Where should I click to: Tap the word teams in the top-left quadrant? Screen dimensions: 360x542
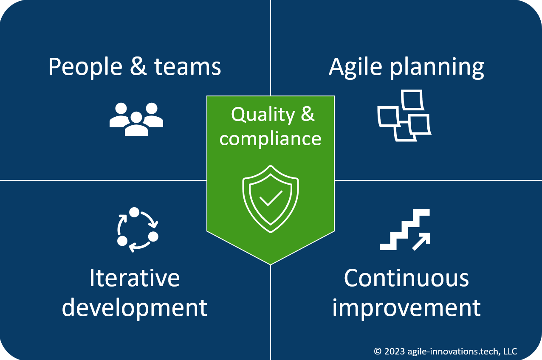coord(187,67)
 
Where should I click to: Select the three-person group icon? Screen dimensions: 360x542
coord(136,119)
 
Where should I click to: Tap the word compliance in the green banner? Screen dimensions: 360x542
coord(270,138)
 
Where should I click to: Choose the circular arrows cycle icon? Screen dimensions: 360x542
coord(137,230)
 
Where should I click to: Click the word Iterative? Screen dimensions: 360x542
coord(135,278)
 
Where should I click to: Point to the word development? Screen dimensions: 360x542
coord(135,307)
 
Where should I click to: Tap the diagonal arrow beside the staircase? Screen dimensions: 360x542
coord(421,242)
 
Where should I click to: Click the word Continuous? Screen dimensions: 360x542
coord(406,278)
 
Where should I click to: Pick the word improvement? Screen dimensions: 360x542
coord(406,307)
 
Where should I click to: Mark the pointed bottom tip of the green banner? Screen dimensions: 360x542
coord(271,263)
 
